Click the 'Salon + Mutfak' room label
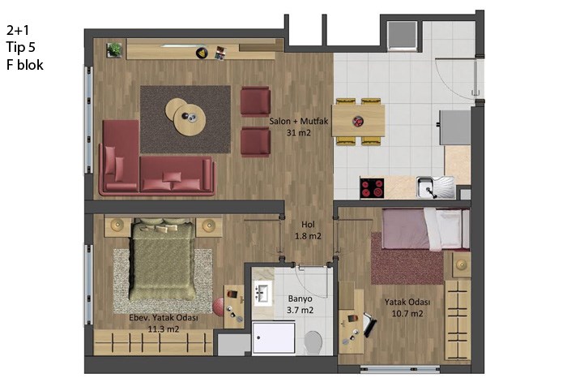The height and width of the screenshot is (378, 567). [x=298, y=121]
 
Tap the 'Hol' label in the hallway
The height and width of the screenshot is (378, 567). [x=308, y=225]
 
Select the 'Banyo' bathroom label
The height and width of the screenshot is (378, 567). [x=301, y=299]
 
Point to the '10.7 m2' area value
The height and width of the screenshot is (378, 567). [x=407, y=314]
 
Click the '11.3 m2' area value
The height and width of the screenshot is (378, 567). [x=164, y=329]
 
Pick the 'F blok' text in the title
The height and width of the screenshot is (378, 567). [x=25, y=65]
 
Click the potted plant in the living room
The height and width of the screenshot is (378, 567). [x=114, y=50]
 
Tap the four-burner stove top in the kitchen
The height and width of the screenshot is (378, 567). [x=372, y=187]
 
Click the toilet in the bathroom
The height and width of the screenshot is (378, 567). [x=313, y=342]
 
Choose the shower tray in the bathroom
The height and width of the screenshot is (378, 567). [x=274, y=337]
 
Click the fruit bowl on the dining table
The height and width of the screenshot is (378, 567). [x=358, y=122]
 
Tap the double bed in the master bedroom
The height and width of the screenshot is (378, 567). [x=162, y=259]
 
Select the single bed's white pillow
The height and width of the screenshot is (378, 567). [x=448, y=229]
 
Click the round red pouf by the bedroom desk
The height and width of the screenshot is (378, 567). [x=218, y=307]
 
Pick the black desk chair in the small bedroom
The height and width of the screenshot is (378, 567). [x=370, y=324]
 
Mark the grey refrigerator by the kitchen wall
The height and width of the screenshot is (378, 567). [x=454, y=127]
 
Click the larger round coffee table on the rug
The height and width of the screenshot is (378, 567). [x=190, y=119]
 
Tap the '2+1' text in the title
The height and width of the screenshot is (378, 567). [x=17, y=30]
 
